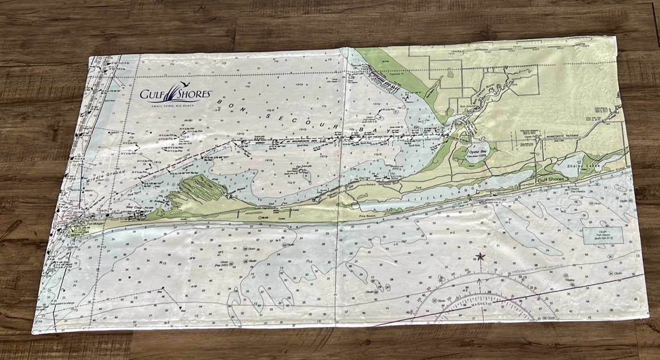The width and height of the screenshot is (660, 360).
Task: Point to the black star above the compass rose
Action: [x=479, y=258]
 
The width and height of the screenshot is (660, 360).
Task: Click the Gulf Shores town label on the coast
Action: [x=551, y=180]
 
